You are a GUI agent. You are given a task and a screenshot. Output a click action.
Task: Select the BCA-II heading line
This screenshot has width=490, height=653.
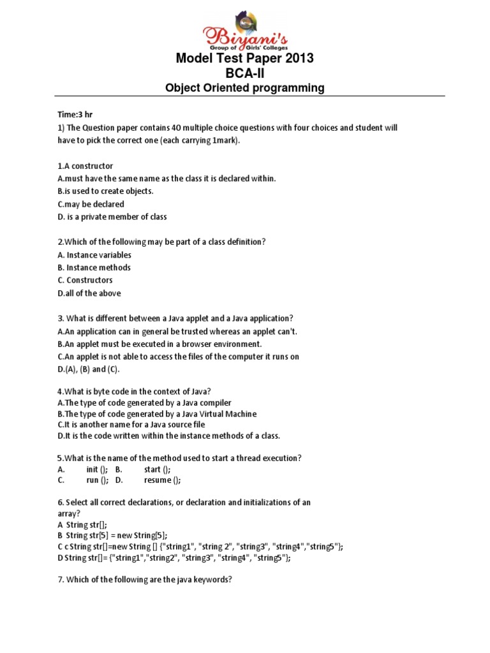245,73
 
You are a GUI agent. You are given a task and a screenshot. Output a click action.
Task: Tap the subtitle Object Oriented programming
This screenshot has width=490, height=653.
245,88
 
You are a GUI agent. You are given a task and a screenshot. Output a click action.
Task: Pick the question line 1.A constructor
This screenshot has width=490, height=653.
85,166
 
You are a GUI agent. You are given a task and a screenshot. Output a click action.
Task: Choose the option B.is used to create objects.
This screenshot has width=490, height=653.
105,191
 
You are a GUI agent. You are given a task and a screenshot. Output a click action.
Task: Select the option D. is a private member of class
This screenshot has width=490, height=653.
112,216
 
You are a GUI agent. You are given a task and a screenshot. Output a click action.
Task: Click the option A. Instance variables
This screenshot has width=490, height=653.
94,255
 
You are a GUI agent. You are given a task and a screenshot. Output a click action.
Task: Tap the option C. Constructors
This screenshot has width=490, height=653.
85,280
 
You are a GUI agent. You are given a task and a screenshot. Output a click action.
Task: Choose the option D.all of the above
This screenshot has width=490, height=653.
89,293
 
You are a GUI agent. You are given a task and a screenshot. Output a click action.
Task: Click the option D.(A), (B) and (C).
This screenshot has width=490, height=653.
88,369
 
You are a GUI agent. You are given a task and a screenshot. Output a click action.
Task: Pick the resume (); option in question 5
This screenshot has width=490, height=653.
163,480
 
